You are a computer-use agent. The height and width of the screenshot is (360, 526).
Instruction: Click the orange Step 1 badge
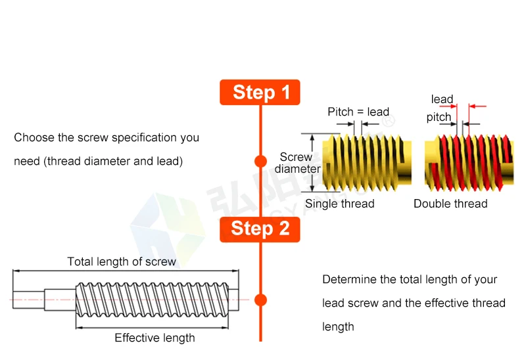260,92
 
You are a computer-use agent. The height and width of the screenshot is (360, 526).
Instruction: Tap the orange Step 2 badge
260,229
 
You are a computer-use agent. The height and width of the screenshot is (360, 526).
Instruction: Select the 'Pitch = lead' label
358,112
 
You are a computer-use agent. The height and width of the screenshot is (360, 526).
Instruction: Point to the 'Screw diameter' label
297,163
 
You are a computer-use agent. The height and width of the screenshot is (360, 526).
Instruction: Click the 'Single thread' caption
339,204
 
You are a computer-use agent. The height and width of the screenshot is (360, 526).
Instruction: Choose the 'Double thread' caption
450,204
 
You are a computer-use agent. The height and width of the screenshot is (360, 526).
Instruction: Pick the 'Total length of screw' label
122,261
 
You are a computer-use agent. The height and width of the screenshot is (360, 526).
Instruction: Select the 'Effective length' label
155,338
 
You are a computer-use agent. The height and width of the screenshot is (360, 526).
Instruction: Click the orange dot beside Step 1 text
260,161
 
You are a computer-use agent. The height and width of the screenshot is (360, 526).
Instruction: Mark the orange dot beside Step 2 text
260,300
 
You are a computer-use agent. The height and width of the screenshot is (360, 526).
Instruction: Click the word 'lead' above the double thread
442,99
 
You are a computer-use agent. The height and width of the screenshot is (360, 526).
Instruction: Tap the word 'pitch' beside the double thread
439,117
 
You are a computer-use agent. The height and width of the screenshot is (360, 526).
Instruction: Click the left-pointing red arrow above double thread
478,105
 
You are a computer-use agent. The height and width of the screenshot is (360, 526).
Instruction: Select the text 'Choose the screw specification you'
107,138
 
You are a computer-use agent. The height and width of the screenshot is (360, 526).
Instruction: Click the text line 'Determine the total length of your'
410,279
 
